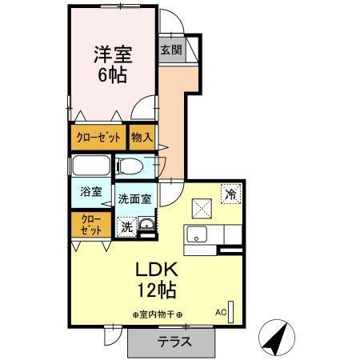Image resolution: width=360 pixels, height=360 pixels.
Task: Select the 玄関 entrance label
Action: (x=170, y=50)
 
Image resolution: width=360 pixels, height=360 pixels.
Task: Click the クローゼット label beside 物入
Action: (x=99, y=138)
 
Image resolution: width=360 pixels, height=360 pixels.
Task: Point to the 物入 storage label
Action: (x=142, y=138)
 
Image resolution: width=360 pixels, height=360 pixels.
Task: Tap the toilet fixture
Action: (x=133, y=167)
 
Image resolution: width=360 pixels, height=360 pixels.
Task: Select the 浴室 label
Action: (x=90, y=192)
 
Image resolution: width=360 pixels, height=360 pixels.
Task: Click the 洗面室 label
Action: (x=134, y=199)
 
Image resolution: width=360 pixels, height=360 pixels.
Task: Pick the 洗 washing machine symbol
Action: (x=126, y=227)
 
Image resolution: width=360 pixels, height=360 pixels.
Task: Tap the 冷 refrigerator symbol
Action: (x=230, y=193)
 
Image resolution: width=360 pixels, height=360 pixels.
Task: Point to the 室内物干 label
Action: (x=158, y=314)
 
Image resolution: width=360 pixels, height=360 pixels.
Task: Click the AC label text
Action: (x=220, y=313)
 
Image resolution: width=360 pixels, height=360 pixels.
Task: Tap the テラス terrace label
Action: (x=173, y=342)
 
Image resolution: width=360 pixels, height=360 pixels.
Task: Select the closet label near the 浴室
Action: (x=90, y=224)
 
